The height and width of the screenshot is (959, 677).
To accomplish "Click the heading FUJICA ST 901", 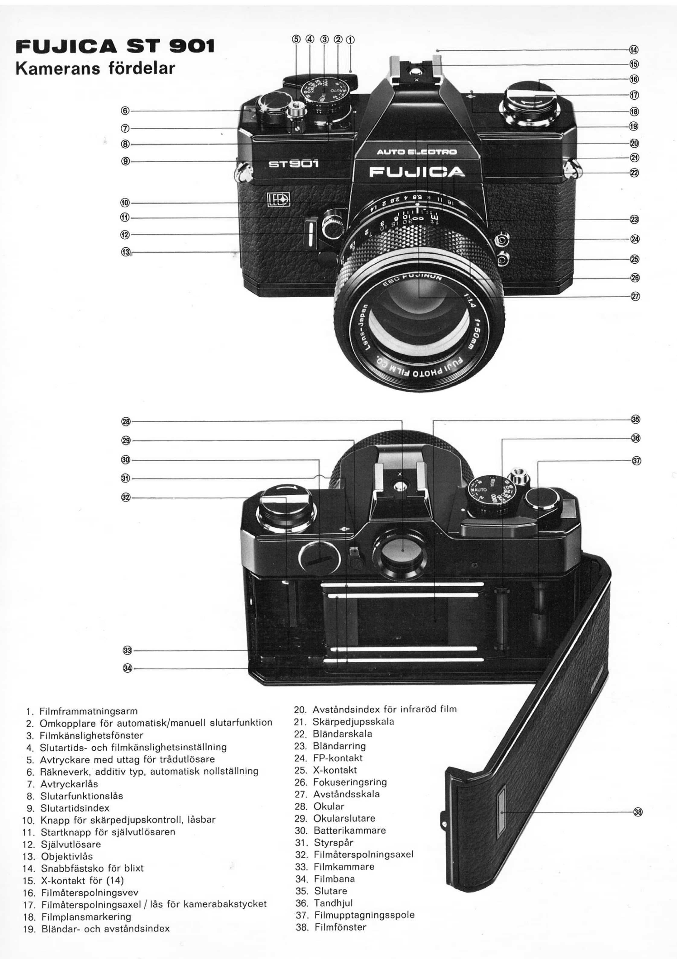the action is [114, 46].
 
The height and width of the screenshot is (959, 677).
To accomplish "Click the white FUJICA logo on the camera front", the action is [417, 172].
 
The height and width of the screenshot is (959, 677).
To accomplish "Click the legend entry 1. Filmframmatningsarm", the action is [82, 711].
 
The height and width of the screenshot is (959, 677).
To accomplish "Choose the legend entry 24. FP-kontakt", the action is [328, 758].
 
